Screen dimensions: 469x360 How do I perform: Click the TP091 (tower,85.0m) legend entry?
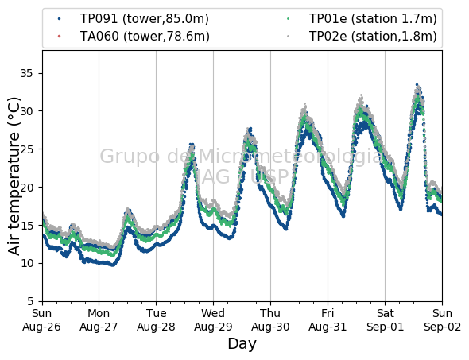click(145, 19)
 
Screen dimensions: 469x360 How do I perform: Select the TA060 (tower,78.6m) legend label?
click(145, 37)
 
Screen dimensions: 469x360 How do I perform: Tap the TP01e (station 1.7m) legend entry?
click(373, 19)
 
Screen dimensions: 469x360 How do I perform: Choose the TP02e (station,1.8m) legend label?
click(373, 37)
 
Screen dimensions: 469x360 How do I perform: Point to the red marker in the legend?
click(60, 37)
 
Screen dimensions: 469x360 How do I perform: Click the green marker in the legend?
click(288, 19)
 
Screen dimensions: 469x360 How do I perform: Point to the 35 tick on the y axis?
click(26, 73)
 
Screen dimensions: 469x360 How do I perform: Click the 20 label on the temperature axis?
click(26, 188)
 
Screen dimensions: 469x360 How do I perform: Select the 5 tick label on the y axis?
click(30, 301)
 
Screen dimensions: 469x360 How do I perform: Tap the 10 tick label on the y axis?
click(26, 263)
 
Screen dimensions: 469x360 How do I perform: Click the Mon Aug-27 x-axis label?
click(99, 320)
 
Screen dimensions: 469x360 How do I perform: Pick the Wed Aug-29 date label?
click(213, 320)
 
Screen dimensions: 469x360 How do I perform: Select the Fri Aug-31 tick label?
click(328, 320)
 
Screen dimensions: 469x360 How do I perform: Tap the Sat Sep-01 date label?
click(385, 320)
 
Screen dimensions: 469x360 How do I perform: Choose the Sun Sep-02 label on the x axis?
click(442, 320)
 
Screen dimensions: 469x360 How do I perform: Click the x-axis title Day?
click(242, 344)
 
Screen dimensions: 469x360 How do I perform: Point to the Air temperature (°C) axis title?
click(14, 176)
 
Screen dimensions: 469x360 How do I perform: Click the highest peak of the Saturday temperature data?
click(417, 85)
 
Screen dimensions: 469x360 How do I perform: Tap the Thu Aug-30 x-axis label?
click(270, 320)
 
